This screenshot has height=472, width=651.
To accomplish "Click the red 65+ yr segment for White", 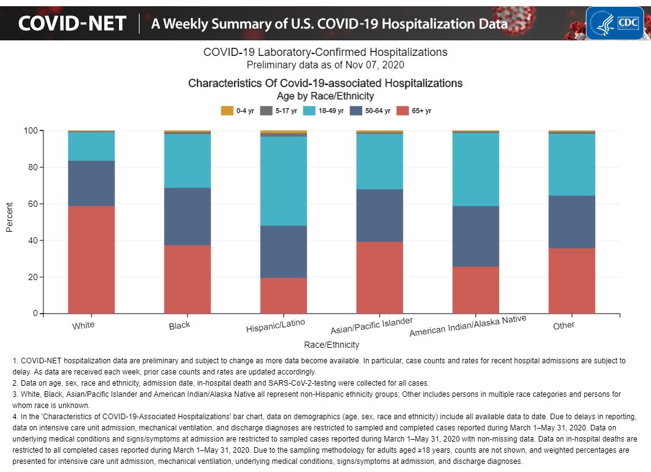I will coord(91,260).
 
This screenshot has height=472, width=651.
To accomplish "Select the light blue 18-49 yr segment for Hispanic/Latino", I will coord(283,181).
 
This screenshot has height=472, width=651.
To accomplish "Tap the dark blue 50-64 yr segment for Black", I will coord(187,216).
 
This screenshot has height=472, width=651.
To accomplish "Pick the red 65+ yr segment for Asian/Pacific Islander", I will coord(379,278).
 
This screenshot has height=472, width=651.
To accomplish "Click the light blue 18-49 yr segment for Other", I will coord(572,165).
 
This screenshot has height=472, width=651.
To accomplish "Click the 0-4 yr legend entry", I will coord(237,111).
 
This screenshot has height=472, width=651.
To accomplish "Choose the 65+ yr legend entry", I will coord(414,111).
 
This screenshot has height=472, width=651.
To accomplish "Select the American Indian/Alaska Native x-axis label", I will coord(467,327).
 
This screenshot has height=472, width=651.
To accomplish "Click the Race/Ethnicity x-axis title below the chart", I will coord(331,344).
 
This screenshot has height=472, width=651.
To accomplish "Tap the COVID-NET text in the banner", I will coord(72,24).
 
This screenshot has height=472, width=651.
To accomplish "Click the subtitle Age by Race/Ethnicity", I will coord(325,96).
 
